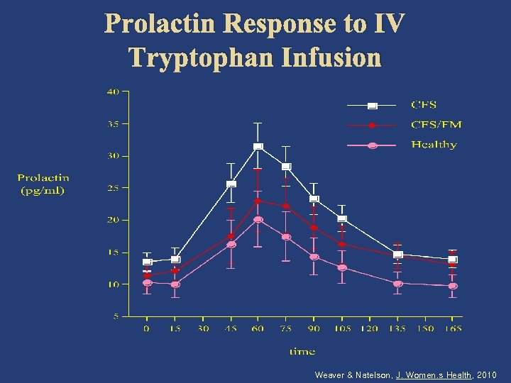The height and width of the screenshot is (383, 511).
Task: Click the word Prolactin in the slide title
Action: click(x=160, y=24)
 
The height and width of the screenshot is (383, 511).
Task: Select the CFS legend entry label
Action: click(x=424, y=105)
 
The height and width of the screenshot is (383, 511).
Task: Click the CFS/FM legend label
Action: click(x=436, y=125)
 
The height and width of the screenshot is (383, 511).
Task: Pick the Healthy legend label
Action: click(x=434, y=145)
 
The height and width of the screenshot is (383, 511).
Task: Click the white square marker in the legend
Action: click(x=372, y=106)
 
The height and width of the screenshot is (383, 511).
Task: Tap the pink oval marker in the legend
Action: click(x=372, y=145)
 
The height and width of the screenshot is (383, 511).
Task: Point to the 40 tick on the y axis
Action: click(x=113, y=91)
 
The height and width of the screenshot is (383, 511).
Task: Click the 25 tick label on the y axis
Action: click(x=113, y=188)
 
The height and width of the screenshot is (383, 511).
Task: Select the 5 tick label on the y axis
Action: click(x=116, y=316)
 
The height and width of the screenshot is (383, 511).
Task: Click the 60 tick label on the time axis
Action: click(x=258, y=329)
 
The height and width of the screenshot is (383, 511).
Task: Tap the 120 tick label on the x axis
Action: click(x=369, y=329)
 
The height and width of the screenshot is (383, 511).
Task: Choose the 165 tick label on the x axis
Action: click(x=452, y=329)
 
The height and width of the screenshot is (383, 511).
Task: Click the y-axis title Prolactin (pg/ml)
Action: click(x=43, y=184)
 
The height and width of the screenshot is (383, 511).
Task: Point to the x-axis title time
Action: click(x=302, y=351)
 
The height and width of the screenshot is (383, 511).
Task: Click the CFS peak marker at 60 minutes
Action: click(x=258, y=147)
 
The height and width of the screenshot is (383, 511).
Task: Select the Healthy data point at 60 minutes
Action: click(x=258, y=220)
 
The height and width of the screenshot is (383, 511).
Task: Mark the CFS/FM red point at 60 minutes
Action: click(x=258, y=201)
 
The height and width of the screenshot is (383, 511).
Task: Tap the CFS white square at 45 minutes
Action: click(x=231, y=184)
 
